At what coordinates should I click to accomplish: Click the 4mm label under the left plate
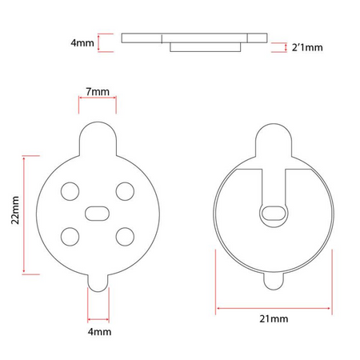pos(98,330)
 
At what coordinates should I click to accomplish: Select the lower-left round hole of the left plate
pos(70,236)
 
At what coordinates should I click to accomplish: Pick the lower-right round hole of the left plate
pos(124,236)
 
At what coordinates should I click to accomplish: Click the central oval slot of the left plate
pos(98,212)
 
